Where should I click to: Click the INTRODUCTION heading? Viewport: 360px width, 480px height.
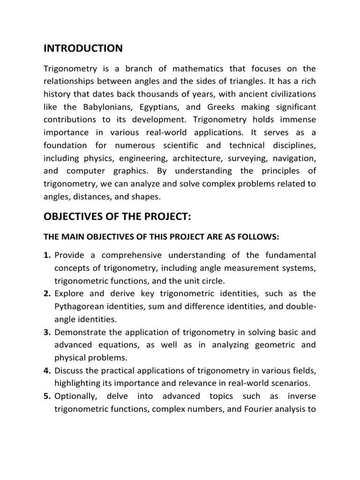point(83,48)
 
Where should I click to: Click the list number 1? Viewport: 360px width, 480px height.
point(47,255)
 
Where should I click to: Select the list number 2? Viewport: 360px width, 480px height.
point(47,293)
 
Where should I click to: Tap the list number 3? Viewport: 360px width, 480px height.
point(47,332)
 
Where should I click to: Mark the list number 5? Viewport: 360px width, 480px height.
point(47,396)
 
